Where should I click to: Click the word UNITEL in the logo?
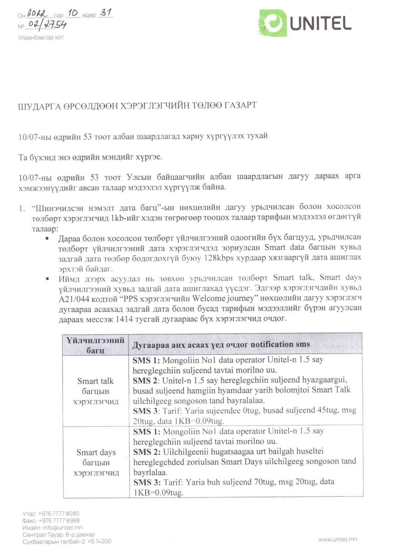(320, 23)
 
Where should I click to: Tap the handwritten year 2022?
(37, 14)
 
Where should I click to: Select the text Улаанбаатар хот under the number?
(40, 37)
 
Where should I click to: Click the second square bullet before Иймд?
(47, 278)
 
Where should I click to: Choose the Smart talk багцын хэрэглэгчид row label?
(96, 391)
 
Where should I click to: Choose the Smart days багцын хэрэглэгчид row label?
(96, 462)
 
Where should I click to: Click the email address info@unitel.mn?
(62, 528)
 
